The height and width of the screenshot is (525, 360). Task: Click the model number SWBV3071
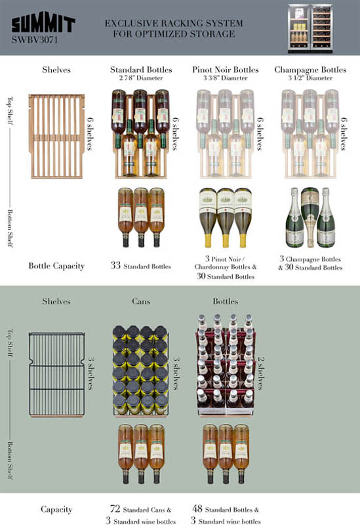point(35,40)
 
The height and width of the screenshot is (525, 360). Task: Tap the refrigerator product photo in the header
point(310,28)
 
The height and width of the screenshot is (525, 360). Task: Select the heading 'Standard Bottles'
point(141,70)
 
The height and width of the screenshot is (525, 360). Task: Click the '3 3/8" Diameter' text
point(226,78)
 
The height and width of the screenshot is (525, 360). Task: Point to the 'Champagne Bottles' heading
point(310,70)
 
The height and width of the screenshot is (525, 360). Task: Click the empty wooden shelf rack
point(56,136)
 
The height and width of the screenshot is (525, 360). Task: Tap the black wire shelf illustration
point(56,375)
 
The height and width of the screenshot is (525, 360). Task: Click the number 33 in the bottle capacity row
point(115,266)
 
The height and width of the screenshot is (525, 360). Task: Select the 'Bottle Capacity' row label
point(56,266)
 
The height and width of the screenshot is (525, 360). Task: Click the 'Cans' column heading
point(141,301)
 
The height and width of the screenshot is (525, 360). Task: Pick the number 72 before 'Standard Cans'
point(115,509)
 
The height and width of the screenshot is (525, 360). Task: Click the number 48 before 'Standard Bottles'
point(197,509)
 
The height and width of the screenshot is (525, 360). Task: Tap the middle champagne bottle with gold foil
point(310,217)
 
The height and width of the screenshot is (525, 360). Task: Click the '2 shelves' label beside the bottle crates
point(261,373)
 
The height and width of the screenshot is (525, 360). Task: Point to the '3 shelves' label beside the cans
point(176,373)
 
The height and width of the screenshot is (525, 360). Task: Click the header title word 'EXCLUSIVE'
point(130,24)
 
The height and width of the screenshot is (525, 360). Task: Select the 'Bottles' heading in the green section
point(226,301)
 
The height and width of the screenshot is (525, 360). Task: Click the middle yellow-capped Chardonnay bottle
point(226,218)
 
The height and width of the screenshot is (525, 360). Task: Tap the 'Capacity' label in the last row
point(56,509)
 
